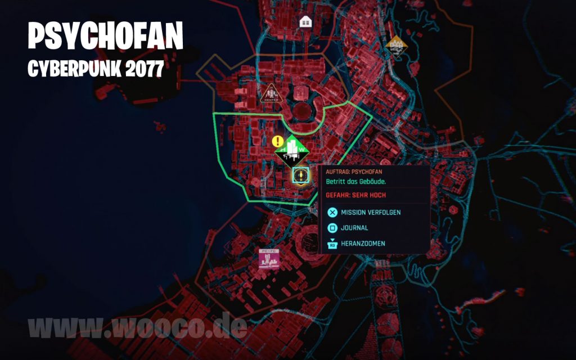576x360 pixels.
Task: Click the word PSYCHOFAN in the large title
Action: [x=106, y=37]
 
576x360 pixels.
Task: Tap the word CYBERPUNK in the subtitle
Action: [x=72, y=69]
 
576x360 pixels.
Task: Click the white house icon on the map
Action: [x=306, y=21]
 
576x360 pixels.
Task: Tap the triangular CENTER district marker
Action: [x=271, y=94]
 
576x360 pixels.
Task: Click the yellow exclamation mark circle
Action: [x=277, y=141]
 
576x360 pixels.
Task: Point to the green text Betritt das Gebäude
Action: [x=354, y=182]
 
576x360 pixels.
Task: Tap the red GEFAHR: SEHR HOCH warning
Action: [x=354, y=195]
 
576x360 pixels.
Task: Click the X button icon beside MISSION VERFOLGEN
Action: [x=332, y=213]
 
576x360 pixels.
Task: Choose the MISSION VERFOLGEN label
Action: [x=371, y=213]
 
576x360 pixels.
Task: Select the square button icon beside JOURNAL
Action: [x=332, y=228]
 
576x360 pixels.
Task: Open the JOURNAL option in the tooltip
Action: [x=354, y=228]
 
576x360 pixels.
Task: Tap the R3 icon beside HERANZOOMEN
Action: [x=332, y=244]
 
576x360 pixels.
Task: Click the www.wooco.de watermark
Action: [x=137, y=327]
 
